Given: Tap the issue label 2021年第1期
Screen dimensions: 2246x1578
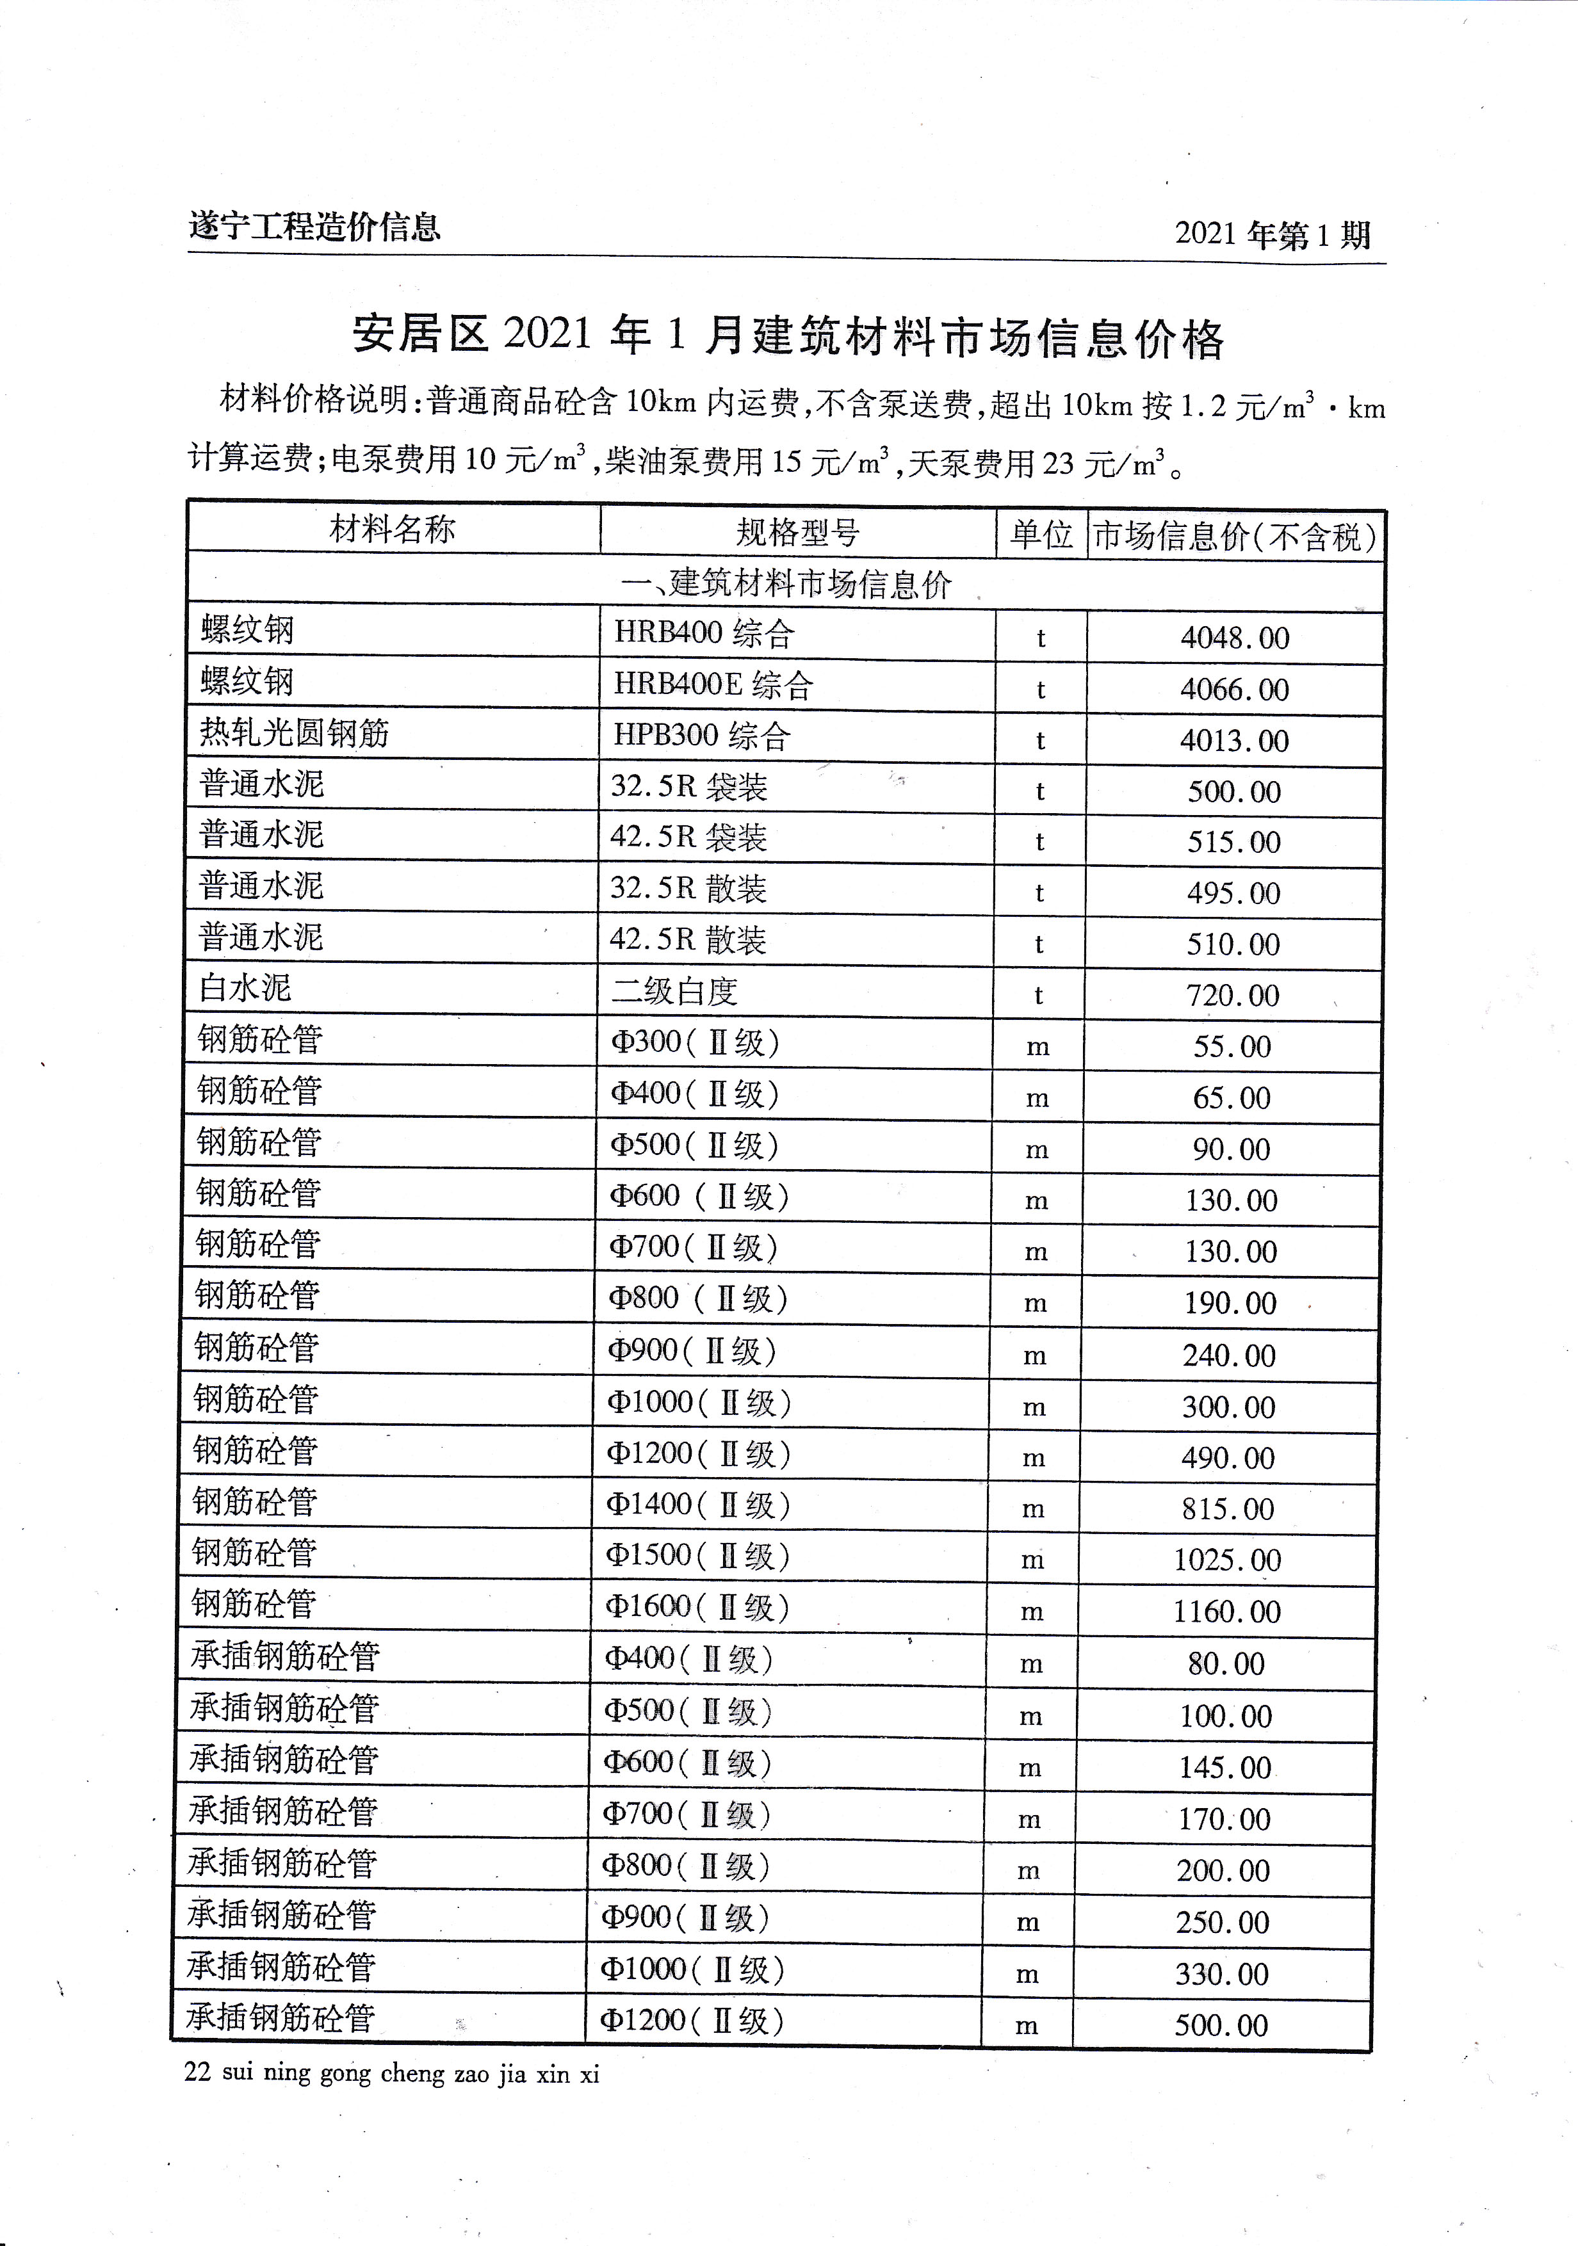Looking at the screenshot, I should click(x=1272, y=235).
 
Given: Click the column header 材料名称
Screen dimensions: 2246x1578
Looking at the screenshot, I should click(x=393, y=530).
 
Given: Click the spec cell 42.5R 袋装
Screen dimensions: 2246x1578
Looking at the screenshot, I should click(x=688, y=838).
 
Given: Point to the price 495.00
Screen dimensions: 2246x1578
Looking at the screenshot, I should click(x=1233, y=894).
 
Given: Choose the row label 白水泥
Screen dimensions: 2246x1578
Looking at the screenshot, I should click(x=245, y=988).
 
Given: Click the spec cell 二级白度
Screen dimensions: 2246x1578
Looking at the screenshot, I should click(x=674, y=992).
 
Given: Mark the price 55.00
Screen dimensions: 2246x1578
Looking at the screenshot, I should click(x=1232, y=1047).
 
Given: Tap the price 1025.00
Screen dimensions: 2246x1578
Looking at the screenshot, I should click(x=1227, y=1560).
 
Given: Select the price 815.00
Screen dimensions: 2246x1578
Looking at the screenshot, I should click(x=1228, y=1510).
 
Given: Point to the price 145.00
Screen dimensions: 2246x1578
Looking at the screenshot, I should click(x=1225, y=1768).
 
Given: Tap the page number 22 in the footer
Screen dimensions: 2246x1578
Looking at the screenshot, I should click(x=197, y=2073).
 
